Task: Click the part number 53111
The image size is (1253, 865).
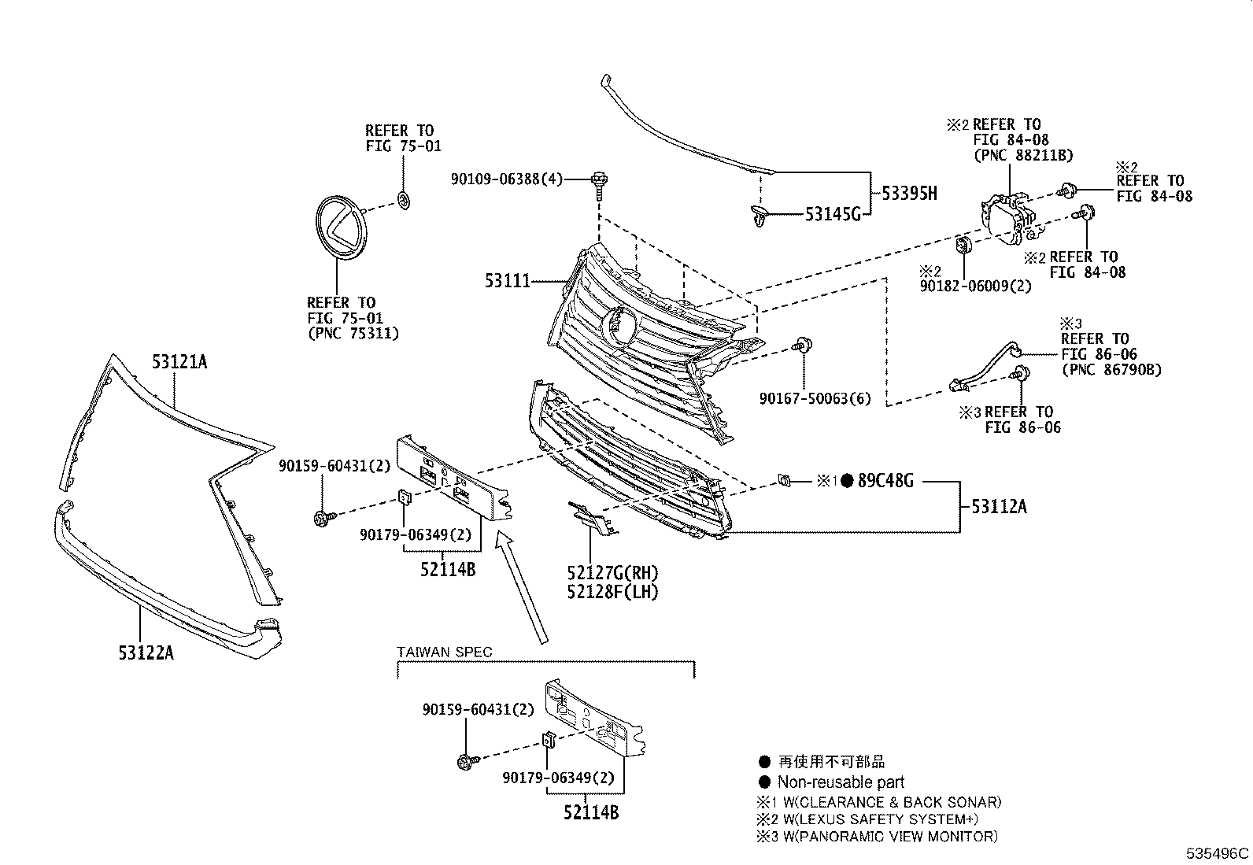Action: pos(507,281)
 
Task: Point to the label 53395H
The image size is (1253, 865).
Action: pos(909,194)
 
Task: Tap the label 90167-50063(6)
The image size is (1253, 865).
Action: pos(815,399)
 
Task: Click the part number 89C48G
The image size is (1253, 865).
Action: pos(885,481)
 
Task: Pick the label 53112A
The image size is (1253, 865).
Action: pos(999,507)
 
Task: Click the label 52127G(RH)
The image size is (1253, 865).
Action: pos(612,574)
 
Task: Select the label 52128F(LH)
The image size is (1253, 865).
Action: pos(612,592)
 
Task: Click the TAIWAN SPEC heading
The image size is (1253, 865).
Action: pos(445,652)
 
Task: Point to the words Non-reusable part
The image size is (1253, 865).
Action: pos(841,782)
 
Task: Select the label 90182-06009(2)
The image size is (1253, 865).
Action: pos(975,286)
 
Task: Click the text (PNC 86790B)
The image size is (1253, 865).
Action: pos(1111,369)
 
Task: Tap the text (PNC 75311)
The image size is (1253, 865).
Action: pos(353,334)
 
